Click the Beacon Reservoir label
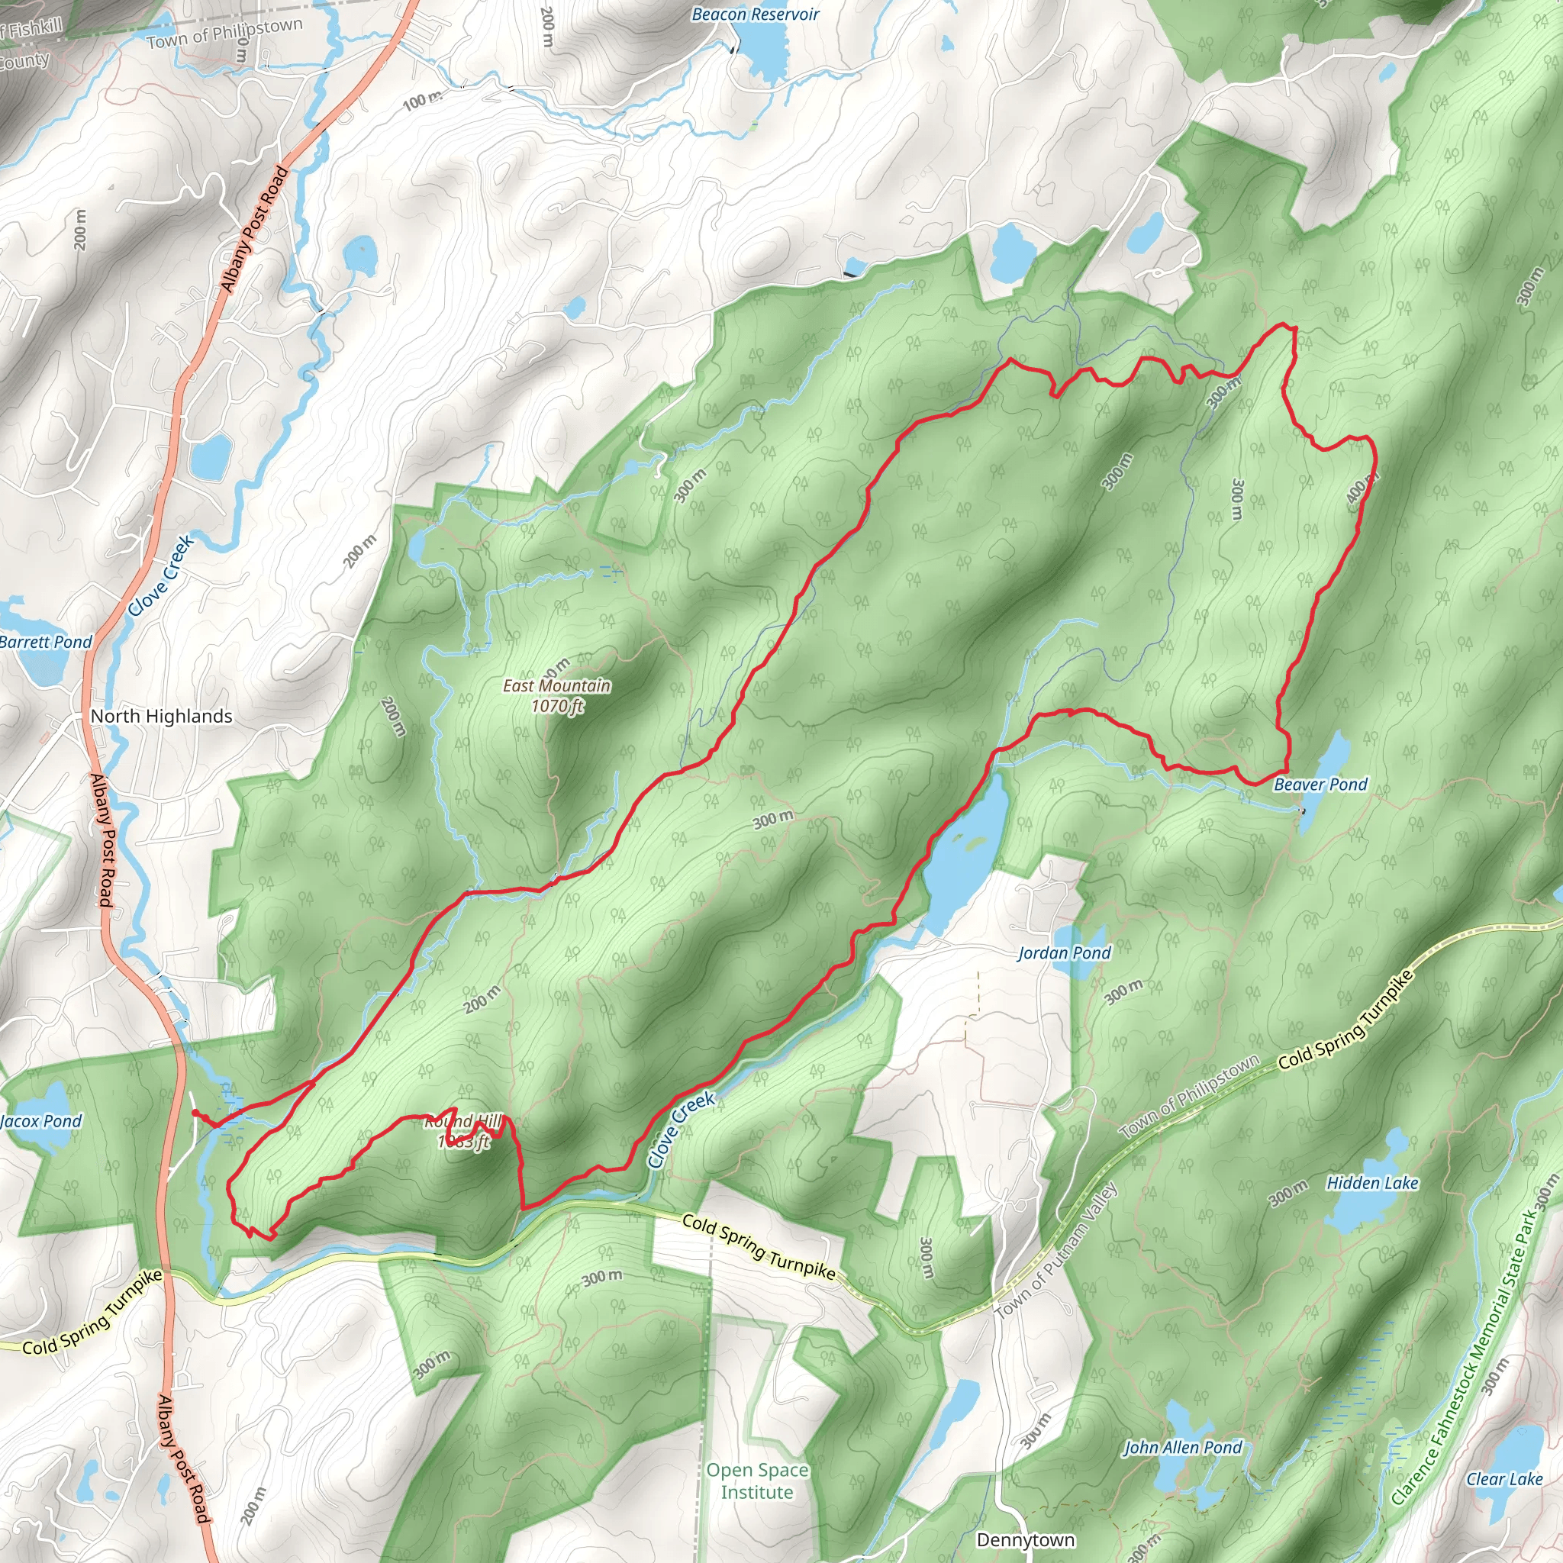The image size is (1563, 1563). tap(755, 15)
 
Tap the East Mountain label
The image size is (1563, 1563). tap(556, 686)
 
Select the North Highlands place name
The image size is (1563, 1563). tap(161, 716)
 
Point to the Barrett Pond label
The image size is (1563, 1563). tap(46, 643)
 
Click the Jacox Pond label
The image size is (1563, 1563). tap(41, 1121)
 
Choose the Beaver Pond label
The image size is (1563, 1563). tap(1320, 784)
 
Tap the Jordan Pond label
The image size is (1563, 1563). tap(1064, 953)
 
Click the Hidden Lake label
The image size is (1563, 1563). tap(1372, 1184)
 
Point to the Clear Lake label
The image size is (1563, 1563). tap(1504, 1479)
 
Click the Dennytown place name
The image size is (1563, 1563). tap(1025, 1539)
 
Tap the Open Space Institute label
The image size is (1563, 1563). tap(756, 1481)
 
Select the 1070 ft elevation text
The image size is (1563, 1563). tap(556, 706)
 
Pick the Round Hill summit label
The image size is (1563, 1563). tap(463, 1122)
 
